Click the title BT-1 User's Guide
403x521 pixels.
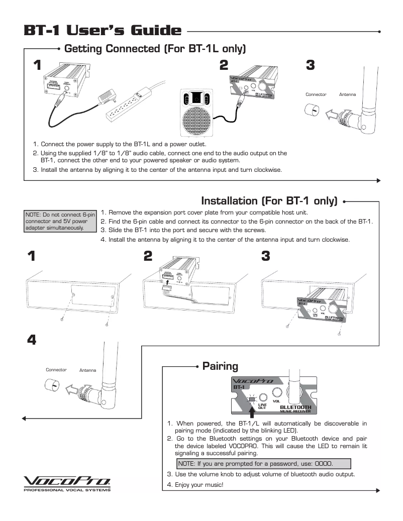[103, 31]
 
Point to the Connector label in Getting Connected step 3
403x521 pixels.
[316, 94]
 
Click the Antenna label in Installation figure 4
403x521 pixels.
[88, 371]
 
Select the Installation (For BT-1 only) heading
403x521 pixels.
[269, 201]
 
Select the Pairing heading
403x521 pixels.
[220, 365]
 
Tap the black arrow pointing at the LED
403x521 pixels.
[253, 411]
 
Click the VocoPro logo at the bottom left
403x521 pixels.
[67, 482]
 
